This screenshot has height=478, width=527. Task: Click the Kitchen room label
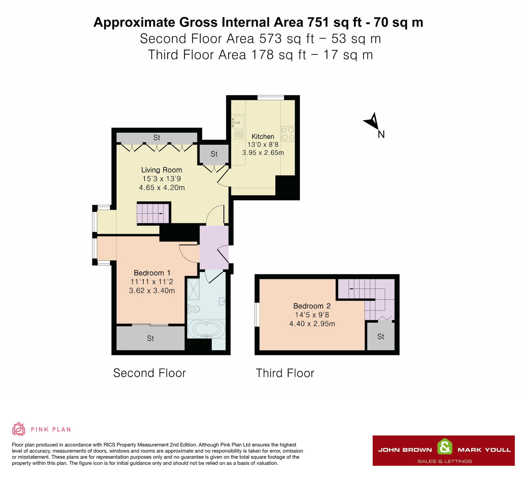point(263,136)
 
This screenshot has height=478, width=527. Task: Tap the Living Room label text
point(162,170)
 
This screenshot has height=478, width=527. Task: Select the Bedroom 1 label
point(152,273)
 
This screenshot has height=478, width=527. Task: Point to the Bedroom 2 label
point(312,306)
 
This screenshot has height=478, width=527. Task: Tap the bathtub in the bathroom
point(206,329)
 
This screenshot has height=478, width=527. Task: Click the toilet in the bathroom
point(194,309)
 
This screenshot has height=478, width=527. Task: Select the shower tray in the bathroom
point(193,289)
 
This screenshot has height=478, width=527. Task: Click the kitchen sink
point(238,122)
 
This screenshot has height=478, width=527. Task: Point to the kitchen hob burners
point(288,134)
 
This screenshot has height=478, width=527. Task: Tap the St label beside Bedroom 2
point(381,337)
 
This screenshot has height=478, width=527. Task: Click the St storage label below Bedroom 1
point(151,338)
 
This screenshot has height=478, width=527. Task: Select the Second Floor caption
point(150,373)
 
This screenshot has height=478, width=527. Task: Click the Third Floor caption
point(285,373)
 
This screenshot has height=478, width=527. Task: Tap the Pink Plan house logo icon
point(18,429)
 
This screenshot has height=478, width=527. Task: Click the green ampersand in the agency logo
point(445,447)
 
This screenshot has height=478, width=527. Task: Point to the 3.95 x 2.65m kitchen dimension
point(263,153)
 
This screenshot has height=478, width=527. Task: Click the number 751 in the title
point(318,22)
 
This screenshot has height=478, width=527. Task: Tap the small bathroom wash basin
point(222,301)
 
